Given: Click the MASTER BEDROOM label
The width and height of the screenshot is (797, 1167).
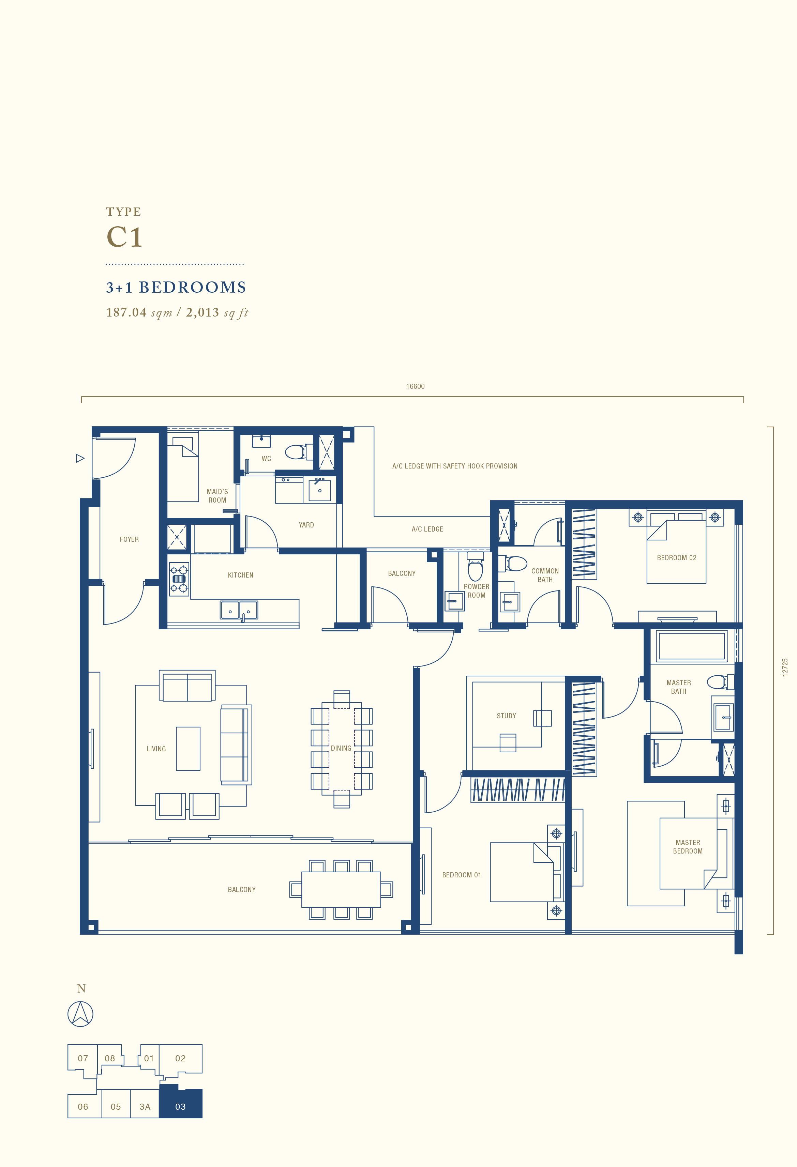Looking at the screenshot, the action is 688,847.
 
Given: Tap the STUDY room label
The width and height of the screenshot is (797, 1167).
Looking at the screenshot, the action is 506,716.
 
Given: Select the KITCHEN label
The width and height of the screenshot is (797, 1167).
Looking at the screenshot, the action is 240,575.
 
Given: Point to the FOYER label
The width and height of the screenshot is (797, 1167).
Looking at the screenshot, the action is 129,539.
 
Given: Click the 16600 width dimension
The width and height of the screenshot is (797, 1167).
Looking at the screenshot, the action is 415,386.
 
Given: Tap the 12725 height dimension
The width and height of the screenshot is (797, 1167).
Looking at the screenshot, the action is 785,667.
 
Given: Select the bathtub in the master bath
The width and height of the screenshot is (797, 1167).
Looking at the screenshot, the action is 691,646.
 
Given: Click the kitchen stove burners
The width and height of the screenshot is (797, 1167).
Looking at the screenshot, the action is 179,579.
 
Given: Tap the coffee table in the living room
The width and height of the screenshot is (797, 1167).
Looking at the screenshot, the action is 188,749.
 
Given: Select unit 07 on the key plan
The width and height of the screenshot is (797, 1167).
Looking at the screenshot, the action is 83,1059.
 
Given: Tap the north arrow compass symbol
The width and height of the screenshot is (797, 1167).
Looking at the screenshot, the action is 80,1014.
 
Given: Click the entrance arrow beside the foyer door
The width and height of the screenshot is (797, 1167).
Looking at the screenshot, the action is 80,458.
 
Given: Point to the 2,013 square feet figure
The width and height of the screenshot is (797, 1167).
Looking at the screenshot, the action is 217,312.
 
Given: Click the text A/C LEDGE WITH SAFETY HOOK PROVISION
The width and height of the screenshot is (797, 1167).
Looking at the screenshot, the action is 455,466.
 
